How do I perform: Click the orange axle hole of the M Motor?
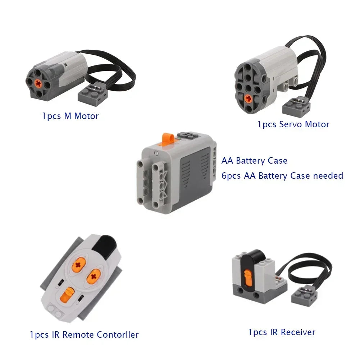tap(38, 83)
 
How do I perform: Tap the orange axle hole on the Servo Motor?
tap(248, 99)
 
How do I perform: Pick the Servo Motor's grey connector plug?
tap(296, 106)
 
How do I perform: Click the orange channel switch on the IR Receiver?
tap(248, 278)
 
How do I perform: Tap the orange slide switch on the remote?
tap(67, 295)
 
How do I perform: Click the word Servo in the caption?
tap(290, 124)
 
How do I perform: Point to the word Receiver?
tap(298, 332)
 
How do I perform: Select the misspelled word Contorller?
tap(118, 335)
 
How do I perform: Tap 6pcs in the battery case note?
tap(231, 176)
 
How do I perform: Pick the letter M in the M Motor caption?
tap(68, 116)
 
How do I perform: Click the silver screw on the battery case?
tap(156, 153)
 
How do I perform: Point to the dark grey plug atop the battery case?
tap(187, 136)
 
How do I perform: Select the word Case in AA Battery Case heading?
tap(277, 161)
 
